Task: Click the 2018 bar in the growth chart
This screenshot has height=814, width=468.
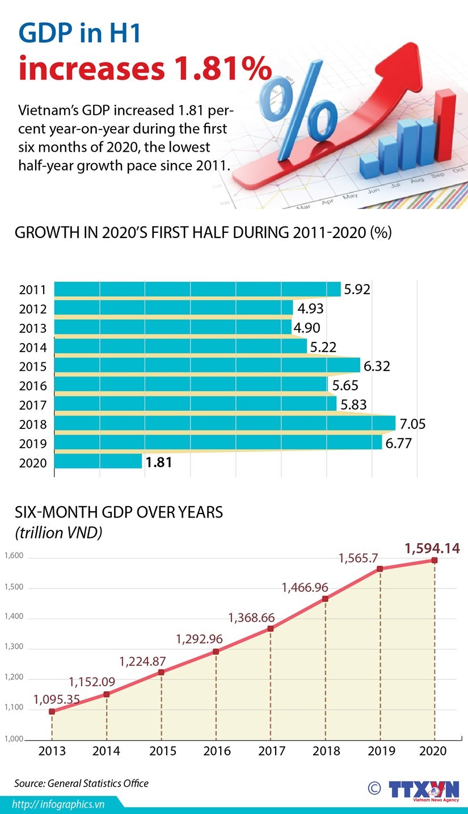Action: pyautogui.click(x=224, y=423)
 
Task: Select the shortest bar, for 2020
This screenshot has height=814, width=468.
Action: pyautogui.click(x=98, y=461)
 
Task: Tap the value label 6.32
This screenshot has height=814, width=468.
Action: pyautogui.click(x=377, y=366)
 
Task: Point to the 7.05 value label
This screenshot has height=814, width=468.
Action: pyautogui.click(x=412, y=424)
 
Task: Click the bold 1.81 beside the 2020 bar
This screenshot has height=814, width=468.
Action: pyautogui.click(x=158, y=462)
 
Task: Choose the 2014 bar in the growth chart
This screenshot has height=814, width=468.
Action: pyautogui.click(x=180, y=346)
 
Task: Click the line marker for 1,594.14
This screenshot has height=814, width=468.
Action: pyautogui.click(x=435, y=561)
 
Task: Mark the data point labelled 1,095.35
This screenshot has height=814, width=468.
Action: pyautogui.click(x=52, y=711)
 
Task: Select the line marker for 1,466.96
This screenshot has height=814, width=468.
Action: pyautogui.click(x=325, y=599)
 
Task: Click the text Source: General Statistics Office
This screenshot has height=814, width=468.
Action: pyautogui.click(x=81, y=784)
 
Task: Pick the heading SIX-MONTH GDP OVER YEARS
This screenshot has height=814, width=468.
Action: pyautogui.click(x=119, y=512)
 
